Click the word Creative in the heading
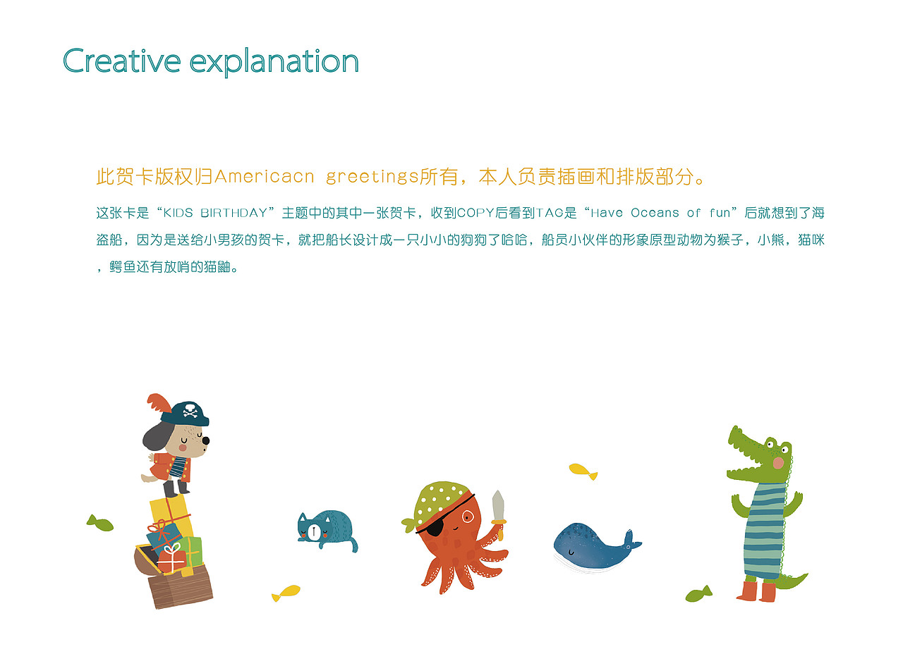[x=121, y=61]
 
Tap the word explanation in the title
[x=274, y=63]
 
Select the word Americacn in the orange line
[x=264, y=176]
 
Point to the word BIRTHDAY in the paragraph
[x=236, y=213]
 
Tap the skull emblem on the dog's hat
[x=190, y=411]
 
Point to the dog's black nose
[x=205, y=441]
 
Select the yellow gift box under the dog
[x=169, y=509]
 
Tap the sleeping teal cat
[x=327, y=528]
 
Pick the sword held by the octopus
[x=498, y=507]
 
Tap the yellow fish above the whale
[x=583, y=470]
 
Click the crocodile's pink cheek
[x=778, y=462]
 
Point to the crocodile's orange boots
[x=756, y=591]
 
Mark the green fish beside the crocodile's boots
[x=698, y=594]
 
